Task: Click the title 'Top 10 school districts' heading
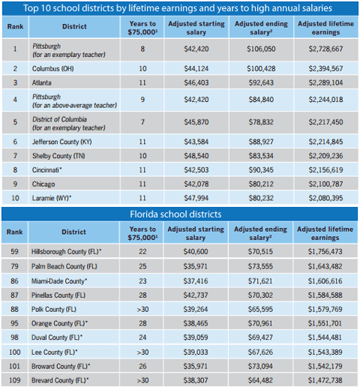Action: (x=180, y=8)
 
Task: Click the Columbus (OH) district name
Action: (x=52, y=68)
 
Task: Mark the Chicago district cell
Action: (x=44, y=184)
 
